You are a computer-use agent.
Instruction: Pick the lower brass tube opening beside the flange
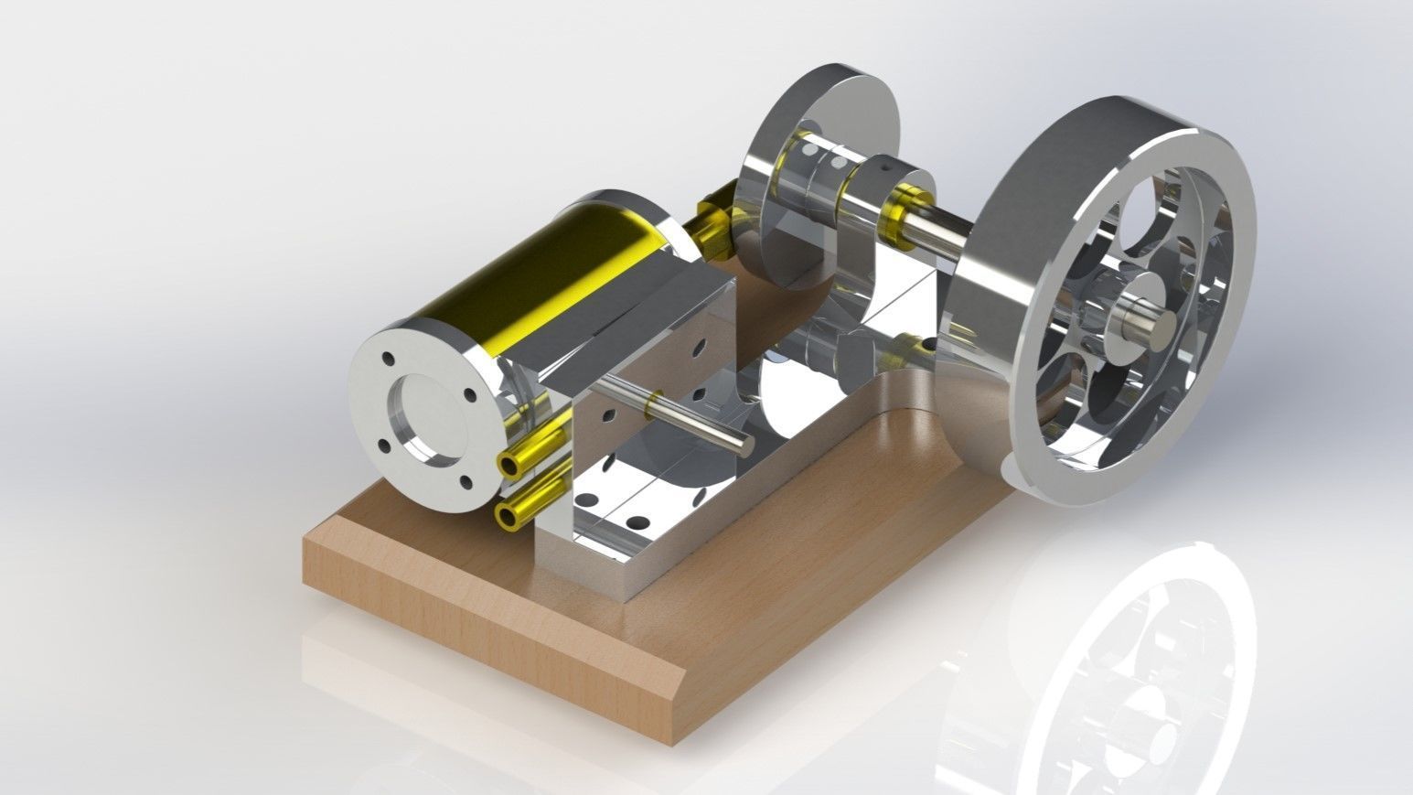(504, 517)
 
